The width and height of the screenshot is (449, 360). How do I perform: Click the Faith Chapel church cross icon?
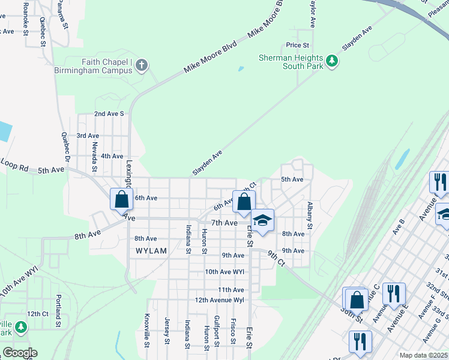click(142, 65)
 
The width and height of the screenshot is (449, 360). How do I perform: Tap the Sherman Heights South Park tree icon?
click(331, 61)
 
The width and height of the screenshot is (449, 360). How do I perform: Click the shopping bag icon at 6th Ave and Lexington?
click(121, 199)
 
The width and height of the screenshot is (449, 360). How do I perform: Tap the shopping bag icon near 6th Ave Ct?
click(244, 202)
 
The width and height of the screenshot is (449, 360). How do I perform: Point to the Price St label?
click(297, 45)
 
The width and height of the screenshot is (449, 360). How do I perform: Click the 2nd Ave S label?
click(109, 113)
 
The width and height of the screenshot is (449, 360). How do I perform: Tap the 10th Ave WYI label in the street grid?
click(224, 272)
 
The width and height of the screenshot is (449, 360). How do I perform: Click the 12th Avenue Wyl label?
click(219, 299)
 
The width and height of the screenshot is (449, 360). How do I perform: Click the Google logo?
click(19, 353)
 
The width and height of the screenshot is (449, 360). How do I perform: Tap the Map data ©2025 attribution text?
click(423, 355)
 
